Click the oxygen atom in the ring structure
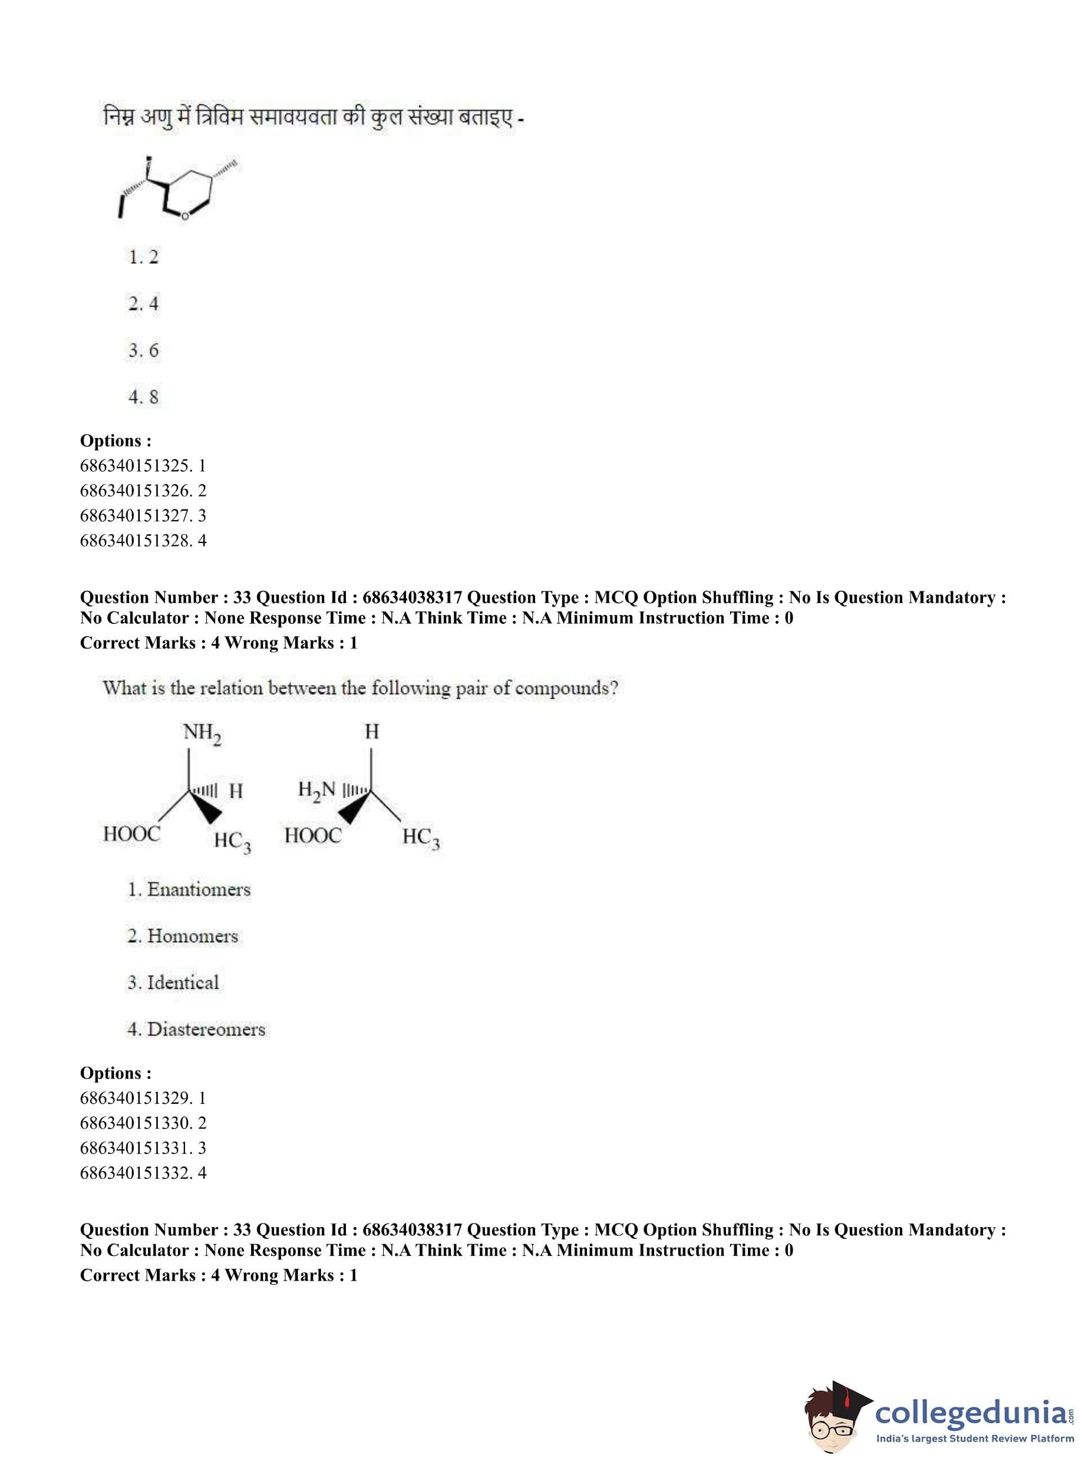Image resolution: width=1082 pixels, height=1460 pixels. pos(184,216)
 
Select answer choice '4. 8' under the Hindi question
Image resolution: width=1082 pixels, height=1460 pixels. pos(143,396)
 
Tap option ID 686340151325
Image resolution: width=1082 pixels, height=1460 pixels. pos(143,465)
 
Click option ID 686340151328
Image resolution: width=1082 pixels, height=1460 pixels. pos(143,540)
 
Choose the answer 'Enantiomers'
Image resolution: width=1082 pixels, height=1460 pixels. pos(189,889)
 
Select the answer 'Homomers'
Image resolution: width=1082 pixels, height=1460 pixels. pos(183,936)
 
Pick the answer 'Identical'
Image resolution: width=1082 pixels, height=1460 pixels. pos(174,982)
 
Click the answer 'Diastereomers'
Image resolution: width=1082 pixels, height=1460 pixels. pos(196,1029)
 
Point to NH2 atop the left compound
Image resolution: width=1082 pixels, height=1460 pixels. pos(202,732)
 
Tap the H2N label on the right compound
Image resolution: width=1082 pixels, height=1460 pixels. pos(316,790)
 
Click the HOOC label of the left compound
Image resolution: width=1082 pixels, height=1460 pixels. pos(131,834)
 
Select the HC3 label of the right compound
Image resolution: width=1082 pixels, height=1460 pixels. pos(421,837)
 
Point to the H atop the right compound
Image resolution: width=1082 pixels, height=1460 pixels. pos(371,731)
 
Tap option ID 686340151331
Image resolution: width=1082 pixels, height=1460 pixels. pos(143,1147)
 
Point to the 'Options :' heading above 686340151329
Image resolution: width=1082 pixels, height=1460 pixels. pos(116,1073)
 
